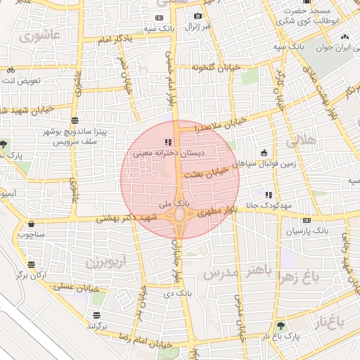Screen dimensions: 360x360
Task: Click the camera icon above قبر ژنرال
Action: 198,16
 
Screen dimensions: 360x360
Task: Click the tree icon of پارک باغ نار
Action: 281,325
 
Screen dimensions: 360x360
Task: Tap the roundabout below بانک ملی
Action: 180,213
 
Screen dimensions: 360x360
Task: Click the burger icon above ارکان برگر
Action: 32,264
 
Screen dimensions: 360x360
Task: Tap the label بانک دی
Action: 182,292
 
